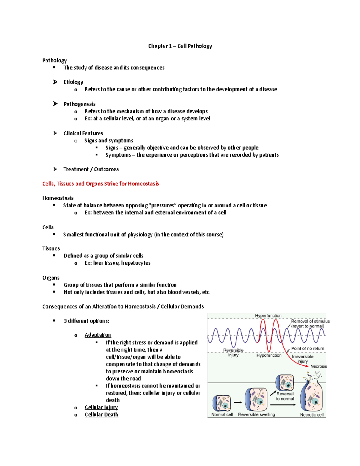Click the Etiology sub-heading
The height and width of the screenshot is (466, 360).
point(73,82)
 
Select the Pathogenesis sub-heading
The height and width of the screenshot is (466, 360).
point(79,104)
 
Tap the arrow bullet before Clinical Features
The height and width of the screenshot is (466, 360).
point(55,133)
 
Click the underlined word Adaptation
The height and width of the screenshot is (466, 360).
point(98,335)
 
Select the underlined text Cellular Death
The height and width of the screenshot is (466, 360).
point(101,414)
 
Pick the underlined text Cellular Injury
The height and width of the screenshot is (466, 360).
point(101,407)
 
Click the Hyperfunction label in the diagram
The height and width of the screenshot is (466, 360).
point(268,316)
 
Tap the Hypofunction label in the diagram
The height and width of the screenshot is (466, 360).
point(269,355)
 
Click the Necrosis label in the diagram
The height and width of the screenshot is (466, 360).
point(319,366)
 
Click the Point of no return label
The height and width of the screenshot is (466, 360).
point(307,349)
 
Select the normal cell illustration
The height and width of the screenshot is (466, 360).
point(222,403)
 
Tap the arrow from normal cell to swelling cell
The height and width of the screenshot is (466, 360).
point(238,402)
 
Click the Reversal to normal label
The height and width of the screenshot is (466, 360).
point(285,396)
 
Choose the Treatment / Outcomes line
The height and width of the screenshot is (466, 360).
point(91,169)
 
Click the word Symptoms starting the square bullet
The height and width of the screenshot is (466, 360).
point(118,155)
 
